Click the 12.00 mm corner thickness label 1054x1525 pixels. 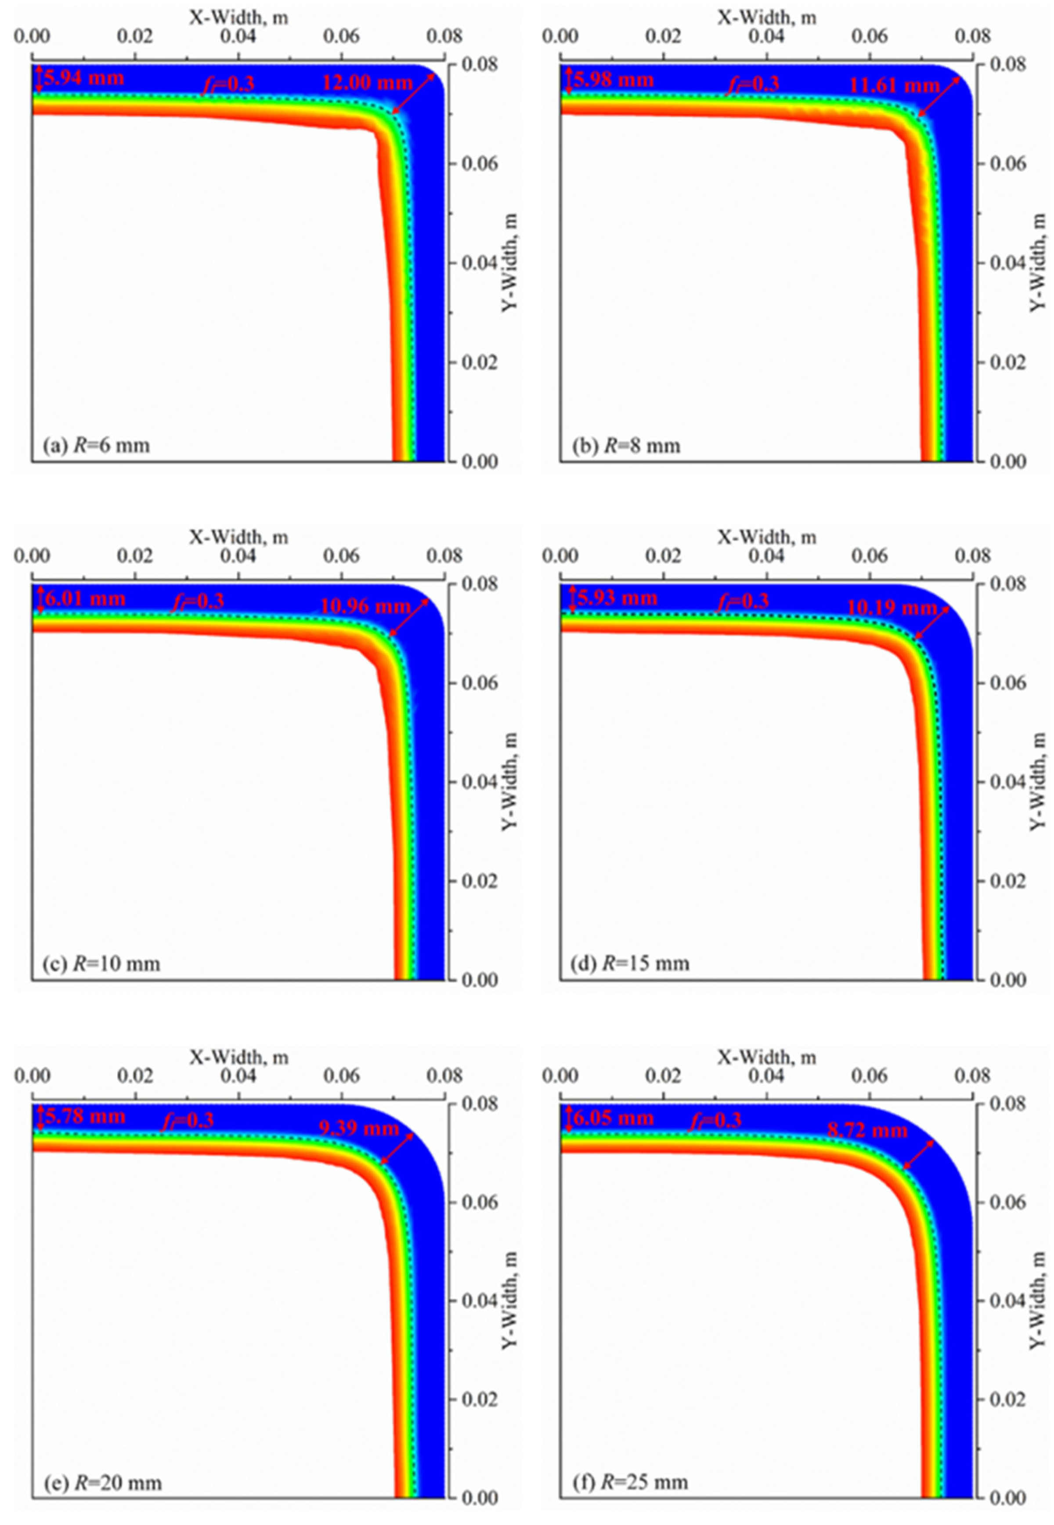[367, 83]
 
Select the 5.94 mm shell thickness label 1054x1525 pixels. [84, 78]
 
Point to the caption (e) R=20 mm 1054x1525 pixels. [102, 1483]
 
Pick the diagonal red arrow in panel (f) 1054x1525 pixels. [919, 1155]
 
